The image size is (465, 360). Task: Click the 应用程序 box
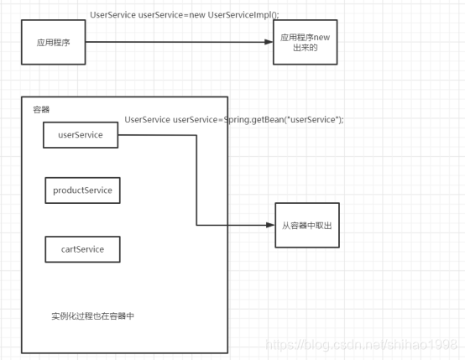click(x=52, y=41)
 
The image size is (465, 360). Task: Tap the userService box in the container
click(x=81, y=134)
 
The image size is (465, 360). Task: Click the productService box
click(x=82, y=190)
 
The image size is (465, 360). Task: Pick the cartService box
click(x=82, y=249)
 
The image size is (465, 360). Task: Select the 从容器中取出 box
click(x=307, y=225)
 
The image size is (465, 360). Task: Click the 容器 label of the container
click(x=41, y=110)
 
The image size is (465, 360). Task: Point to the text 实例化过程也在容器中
click(x=92, y=316)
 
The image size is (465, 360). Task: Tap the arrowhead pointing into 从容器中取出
click(x=270, y=225)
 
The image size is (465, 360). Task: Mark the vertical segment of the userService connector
click(x=196, y=180)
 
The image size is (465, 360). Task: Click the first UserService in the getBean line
click(x=147, y=120)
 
